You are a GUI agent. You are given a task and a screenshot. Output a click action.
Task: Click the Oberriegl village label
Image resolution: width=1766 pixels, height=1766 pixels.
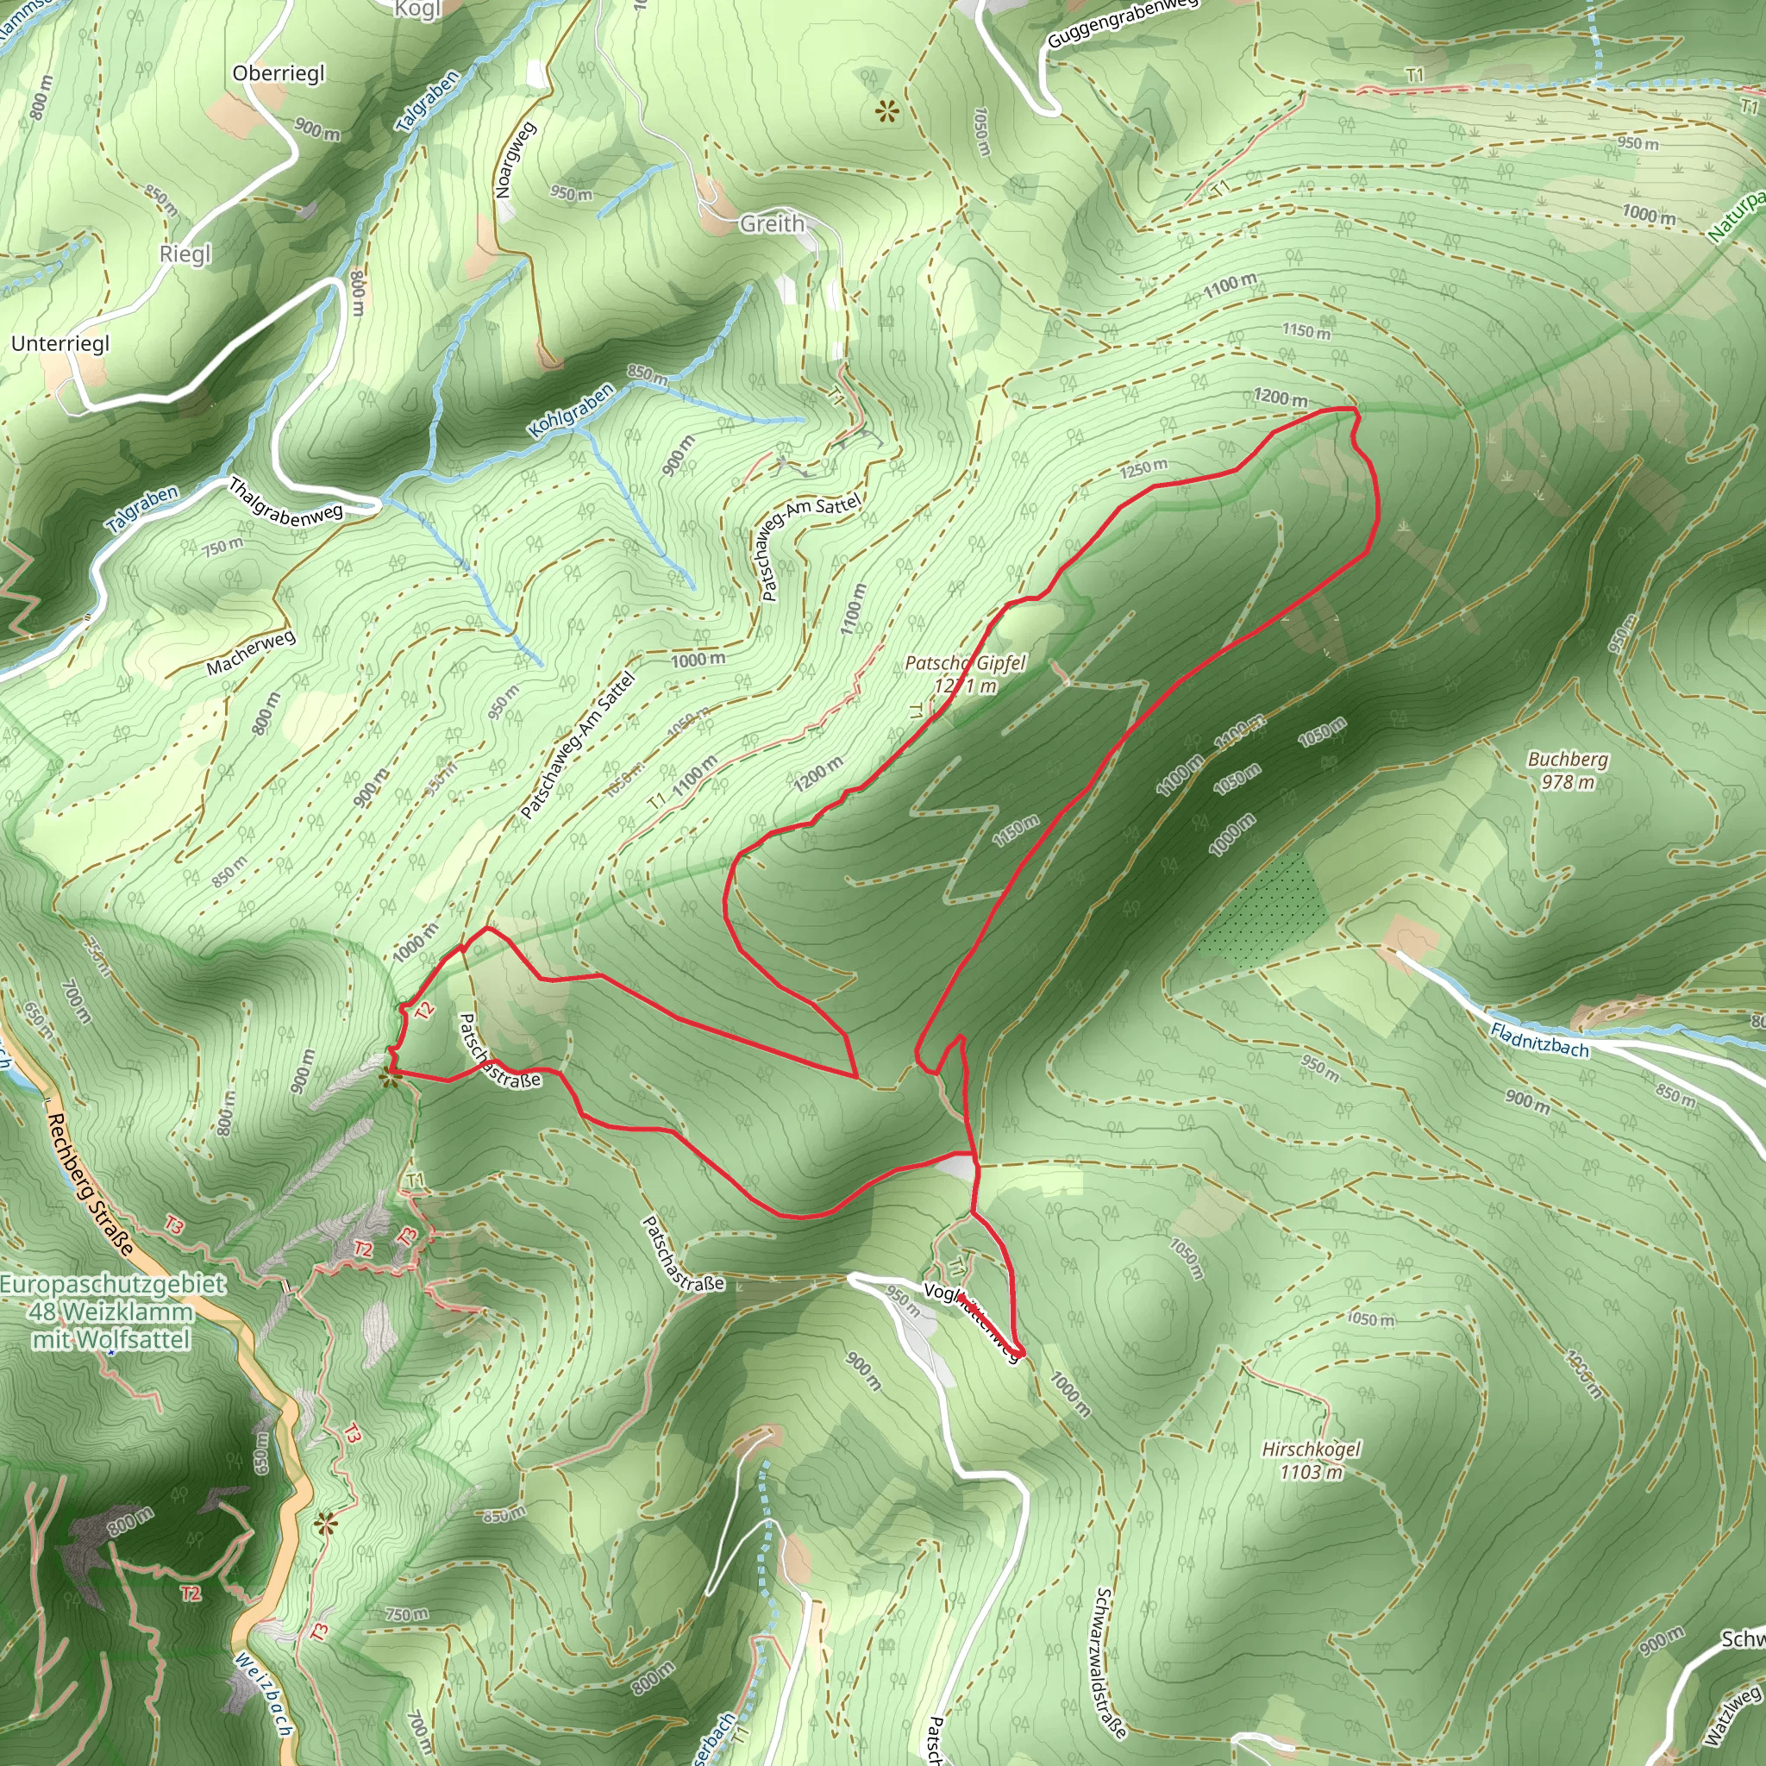tap(279, 73)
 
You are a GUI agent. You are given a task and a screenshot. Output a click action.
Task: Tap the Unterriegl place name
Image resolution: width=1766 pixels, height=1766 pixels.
tap(60, 344)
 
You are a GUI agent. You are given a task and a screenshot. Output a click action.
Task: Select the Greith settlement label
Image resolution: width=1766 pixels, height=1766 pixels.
tap(773, 223)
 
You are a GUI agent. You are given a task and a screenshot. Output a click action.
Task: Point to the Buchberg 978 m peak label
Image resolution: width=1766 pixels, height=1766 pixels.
tap(1568, 770)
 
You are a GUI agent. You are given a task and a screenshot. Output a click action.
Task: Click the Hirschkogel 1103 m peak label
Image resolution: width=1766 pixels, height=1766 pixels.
tap(1311, 1460)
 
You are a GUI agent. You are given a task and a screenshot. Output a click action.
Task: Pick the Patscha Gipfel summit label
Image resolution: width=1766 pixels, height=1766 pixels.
tap(965, 673)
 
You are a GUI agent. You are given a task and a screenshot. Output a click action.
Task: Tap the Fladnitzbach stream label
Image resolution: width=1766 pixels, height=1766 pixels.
tap(1539, 1040)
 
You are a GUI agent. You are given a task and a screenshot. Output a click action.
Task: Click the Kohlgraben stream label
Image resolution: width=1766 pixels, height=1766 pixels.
tap(572, 410)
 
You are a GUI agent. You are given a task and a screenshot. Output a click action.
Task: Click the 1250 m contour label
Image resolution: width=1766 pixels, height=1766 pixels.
tap(1143, 469)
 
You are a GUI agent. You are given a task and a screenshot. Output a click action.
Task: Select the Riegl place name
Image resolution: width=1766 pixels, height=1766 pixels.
tap(185, 254)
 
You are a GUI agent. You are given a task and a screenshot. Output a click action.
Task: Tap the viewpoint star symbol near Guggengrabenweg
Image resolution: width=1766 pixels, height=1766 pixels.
tap(886, 112)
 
